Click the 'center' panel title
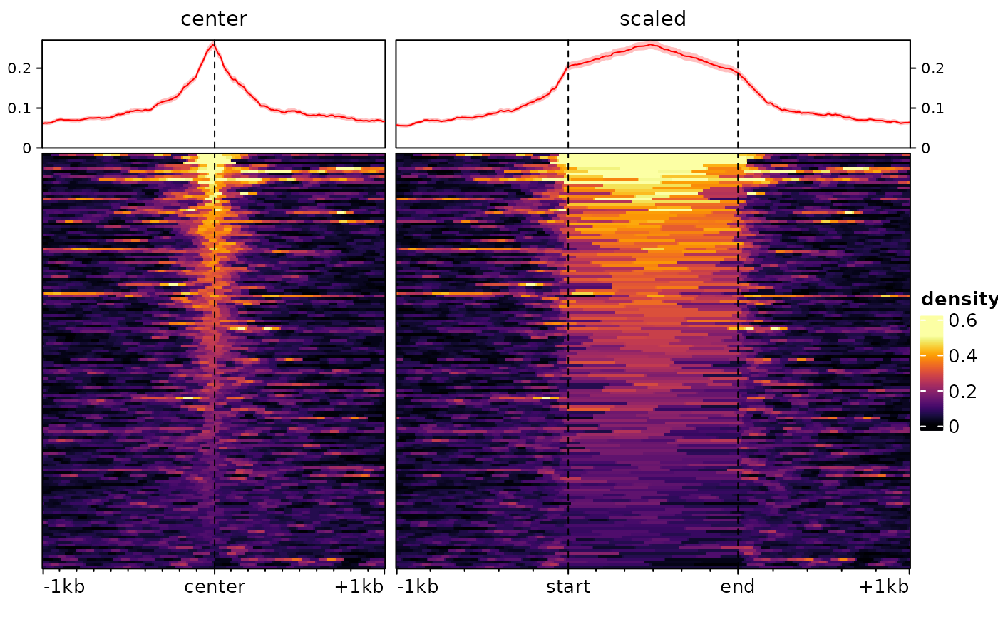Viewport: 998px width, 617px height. click(x=214, y=19)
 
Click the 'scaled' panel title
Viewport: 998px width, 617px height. click(x=652, y=19)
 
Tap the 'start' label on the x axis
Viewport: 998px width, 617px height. click(x=568, y=587)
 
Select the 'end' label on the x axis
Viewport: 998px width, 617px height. click(x=738, y=587)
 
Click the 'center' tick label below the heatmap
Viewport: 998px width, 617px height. click(x=214, y=587)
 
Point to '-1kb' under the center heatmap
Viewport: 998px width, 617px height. click(x=63, y=587)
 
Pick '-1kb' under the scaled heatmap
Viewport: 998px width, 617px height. click(x=417, y=587)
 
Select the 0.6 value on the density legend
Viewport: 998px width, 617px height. click(x=963, y=322)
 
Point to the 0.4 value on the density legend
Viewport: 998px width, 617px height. click(x=963, y=356)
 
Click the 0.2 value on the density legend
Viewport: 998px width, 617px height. click(x=963, y=391)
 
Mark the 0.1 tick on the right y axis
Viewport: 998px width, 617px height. click(x=928, y=108)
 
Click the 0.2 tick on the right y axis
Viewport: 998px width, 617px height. click(x=928, y=68)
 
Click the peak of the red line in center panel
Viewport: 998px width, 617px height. click(x=213, y=45)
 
